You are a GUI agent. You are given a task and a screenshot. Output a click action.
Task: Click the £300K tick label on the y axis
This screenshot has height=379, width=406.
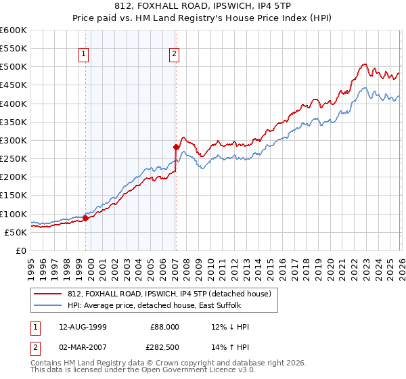[13, 140]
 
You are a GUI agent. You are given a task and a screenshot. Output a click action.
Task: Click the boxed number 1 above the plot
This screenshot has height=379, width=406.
[83, 55]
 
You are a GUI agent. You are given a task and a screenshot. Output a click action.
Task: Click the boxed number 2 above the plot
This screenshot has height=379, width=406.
[174, 55]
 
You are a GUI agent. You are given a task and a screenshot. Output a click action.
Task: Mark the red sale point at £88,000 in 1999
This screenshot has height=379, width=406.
[86, 218]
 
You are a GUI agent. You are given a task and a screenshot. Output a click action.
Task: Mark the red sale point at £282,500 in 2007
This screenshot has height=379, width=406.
[176, 146]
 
